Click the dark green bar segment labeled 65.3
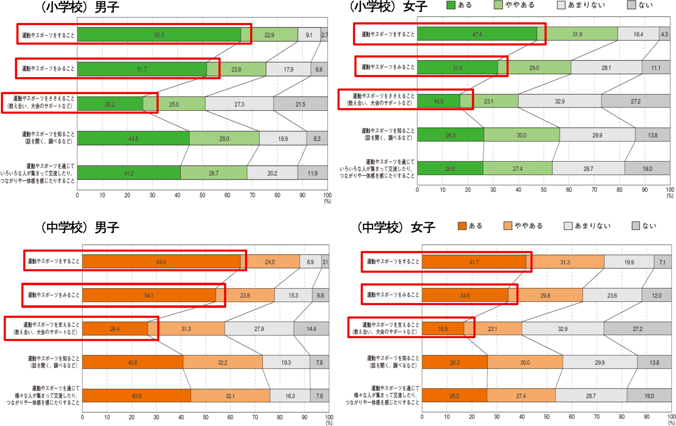point(159,34)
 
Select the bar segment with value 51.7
point(142,69)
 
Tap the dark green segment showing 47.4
point(477,34)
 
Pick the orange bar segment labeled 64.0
point(161,262)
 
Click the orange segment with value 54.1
point(149,295)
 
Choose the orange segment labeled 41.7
point(474,262)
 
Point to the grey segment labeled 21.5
point(300,104)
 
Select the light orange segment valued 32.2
point(223,362)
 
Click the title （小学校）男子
point(80,7)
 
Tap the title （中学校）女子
point(396,227)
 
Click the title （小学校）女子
point(388,6)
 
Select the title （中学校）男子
point(80,227)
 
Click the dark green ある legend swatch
point(451,5)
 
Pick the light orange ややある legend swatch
point(508,225)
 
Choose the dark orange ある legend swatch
point(462,225)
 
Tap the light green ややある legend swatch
point(498,5)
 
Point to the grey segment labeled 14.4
point(311,329)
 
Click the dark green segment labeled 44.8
point(133,138)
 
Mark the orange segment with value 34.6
point(465,295)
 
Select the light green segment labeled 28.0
point(224,138)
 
